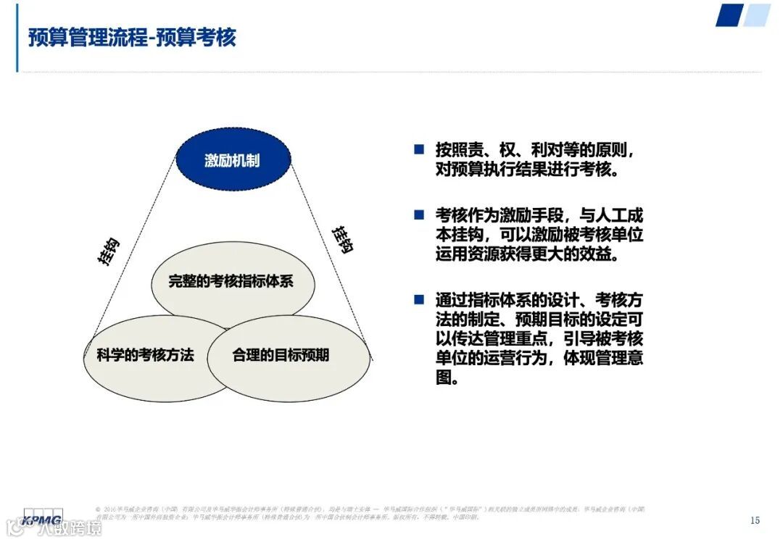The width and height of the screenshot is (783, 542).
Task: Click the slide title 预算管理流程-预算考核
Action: (x=132, y=38)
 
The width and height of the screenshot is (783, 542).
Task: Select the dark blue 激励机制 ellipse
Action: (x=233, y=160)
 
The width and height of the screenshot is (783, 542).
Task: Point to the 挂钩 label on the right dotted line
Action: (x=342, y=239)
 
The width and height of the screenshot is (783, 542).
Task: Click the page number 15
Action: (x=755, y=520)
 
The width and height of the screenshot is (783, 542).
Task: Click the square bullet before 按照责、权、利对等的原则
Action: (x=419, y=149)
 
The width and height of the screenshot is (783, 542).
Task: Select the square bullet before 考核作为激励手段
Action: (x=419, y=214)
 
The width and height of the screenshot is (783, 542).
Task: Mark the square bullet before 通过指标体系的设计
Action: (x=419, y=299)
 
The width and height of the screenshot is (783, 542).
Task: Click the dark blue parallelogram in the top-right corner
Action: (x=729, y=15)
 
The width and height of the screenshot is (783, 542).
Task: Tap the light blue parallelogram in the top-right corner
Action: (x=757, y=15)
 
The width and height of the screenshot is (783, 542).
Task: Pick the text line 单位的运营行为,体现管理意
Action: (x=539, y=359)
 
